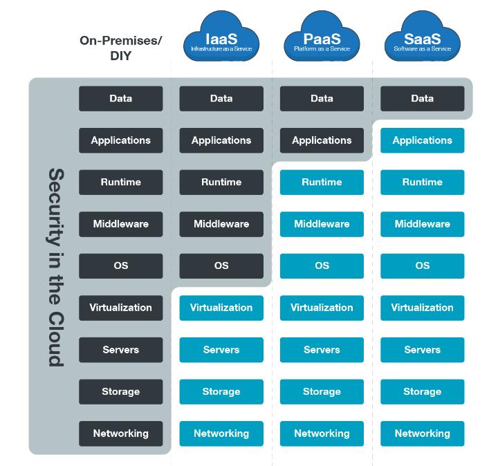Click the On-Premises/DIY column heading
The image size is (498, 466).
pyautogui.click(x=121, y=48)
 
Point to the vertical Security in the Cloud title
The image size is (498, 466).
pyautogui.click(x=55, y=266)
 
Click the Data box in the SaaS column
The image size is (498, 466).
pyautogui.click(x=422, y=98)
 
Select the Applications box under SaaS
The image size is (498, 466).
pyautogui.click(x=422, y=140)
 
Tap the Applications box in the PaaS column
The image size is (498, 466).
pyautogui.click(x=322, y=140)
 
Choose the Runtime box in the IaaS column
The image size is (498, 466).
pyautogui.click(x=221, y=182)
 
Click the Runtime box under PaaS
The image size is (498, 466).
pyautogui.click(x=322, y=182)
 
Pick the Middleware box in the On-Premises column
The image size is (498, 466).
pyautogui.click(x=121, y=224)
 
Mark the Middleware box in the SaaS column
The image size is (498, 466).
pyautogui.click(x=422, y=224)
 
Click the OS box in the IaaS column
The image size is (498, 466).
pyautogui.click(x=221, y=265)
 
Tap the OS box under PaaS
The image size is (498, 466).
pyautogui.click(x=322, y=265)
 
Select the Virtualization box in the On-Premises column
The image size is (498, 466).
pyautogui.click(x=121, y=308)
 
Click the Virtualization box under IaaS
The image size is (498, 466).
pyautogui.click(x=221, y=308)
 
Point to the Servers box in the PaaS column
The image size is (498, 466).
pyautogui.click(x=322, y=350)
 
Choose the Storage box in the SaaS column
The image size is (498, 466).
pyautogui.click(x=422, y=391)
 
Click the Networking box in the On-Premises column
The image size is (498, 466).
pyautogui.click(x=121, y=434)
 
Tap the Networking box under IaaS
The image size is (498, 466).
pyautogui.click(x=221, y=434)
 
